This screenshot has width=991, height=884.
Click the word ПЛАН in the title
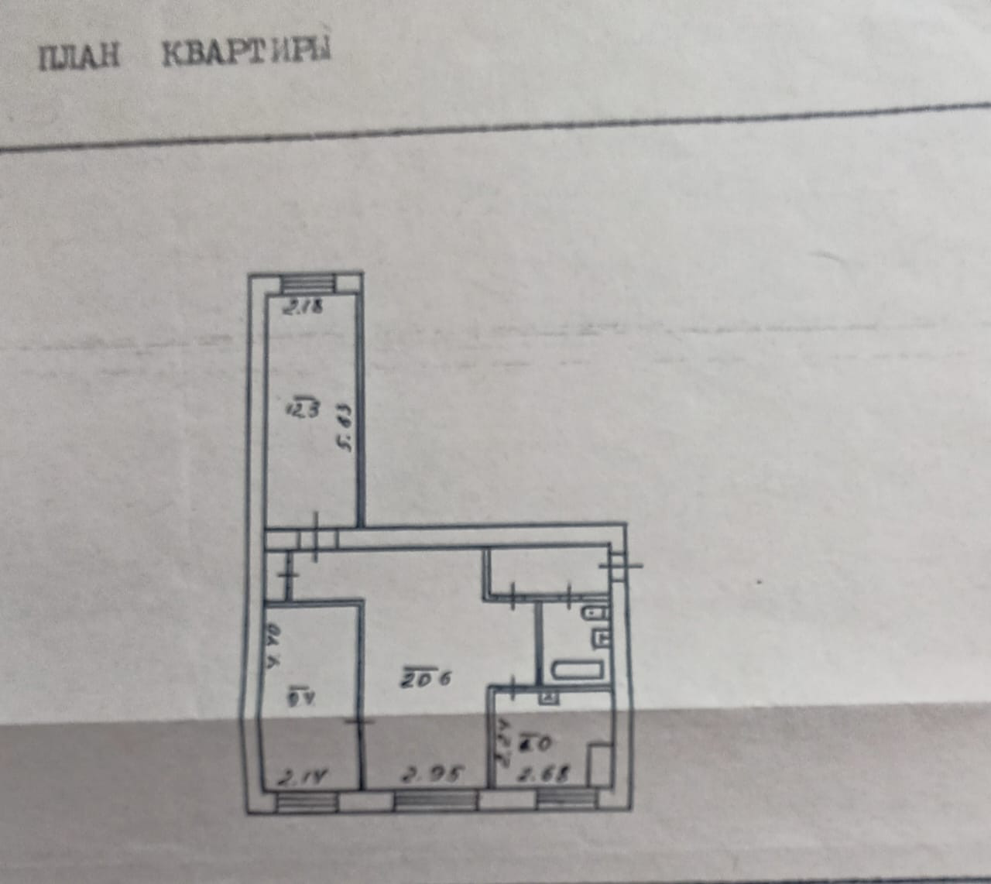tap(80, 57)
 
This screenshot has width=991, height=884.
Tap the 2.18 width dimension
tap(303, 307)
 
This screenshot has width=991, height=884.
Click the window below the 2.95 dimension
tap(436, 801)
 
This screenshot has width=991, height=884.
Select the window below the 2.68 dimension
tap(567, 800)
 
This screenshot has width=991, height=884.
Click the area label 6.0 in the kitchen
tap(536, 743)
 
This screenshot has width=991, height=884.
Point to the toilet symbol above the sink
tap(598, 614)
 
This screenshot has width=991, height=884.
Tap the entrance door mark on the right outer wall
tap(622, 564)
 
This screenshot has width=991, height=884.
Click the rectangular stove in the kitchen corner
tap(598, 765)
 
